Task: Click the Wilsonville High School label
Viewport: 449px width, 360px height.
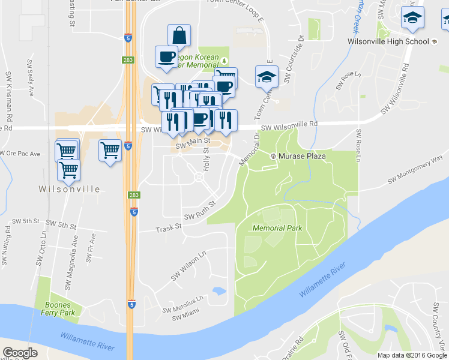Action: coord(388,41)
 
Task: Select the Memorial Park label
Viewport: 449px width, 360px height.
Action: coord(277,228)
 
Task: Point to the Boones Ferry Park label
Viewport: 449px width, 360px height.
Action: coord(59,308)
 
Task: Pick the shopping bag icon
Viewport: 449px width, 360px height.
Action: coord(179,35)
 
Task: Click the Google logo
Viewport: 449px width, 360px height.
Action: coord(20,353)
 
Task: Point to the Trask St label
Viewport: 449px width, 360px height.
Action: coord(169,229)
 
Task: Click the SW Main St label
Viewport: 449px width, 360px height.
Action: coord(192,143)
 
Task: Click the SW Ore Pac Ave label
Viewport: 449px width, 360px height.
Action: coord(20,154)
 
